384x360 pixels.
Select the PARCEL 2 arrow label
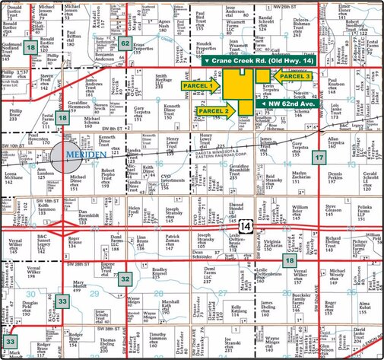click(215, 111)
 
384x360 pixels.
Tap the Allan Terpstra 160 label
click(335, 144)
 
